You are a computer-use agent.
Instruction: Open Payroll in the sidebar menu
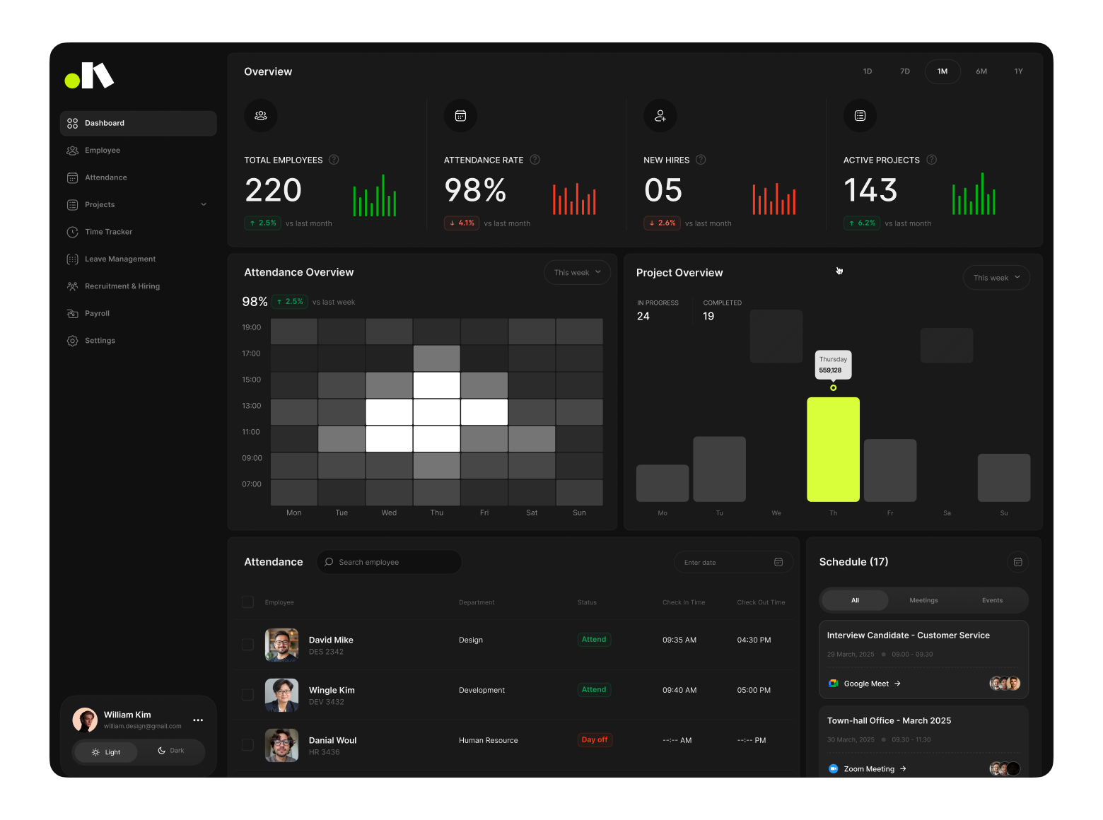tap(97, 313)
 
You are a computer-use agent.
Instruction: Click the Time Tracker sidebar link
tap(108, 232)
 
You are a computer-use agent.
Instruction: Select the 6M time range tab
tap(981, 71)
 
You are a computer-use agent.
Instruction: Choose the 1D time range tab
tap(868, 71)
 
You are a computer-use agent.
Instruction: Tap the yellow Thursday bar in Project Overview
tap(833, 450)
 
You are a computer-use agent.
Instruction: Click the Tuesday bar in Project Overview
tap(719, 469)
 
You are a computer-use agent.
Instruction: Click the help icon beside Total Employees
tap(334, 160)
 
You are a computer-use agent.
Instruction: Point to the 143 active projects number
tap(870, 190)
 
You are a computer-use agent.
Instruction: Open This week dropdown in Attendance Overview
tap(577, 272)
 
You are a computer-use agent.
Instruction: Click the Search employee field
tap(389, 562)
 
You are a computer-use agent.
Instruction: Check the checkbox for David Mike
tap(247, 645)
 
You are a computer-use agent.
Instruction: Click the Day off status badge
tap(595, 740)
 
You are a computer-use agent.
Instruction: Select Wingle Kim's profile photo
tap(281, 695)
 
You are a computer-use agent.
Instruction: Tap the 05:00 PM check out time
tap(754, 690)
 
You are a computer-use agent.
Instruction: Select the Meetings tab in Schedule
tap(923, 600)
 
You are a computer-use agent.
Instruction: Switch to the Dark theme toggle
tap(171, 751)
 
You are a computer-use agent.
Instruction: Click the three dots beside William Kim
tap(198, 720)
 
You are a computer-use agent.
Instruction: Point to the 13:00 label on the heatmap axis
tap(252, 406)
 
